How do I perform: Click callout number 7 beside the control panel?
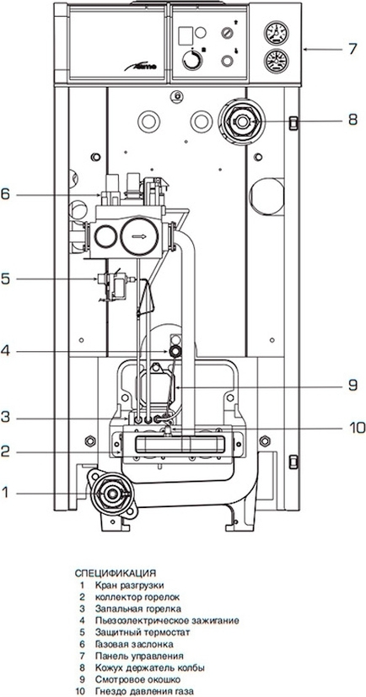coord(353,49)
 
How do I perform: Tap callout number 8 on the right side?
coord(353,120)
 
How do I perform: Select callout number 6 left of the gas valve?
coord(5,194)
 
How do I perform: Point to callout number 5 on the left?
coord(5,278)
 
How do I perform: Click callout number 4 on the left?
coord(5,352)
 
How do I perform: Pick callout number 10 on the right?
coord(355,428)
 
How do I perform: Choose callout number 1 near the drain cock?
coord(5,492)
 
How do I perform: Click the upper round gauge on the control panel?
coord(277,32)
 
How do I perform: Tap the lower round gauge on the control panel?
coord(277,62)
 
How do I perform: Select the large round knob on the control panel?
coord(192,59)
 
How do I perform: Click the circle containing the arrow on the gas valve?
coord(139,236)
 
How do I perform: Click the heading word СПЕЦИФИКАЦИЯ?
coord(116,572)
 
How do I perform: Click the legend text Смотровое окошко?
coord(137,679)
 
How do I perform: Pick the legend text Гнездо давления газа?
coord(144,691)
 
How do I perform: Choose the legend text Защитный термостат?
coord(143,632)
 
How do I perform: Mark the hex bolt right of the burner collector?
coord(265,441)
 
